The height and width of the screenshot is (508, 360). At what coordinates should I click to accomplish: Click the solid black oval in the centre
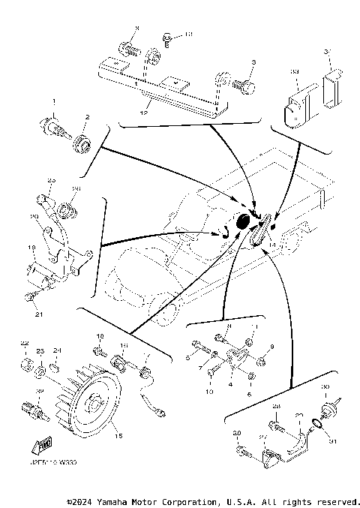[243, 221]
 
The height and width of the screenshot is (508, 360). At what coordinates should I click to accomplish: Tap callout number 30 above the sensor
[325, 388]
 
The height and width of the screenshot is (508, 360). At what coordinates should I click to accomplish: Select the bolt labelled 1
[56, 125]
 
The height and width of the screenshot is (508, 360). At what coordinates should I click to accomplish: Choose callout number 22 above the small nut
[24, 344]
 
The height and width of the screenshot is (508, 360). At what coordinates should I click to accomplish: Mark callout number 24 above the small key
[57, 351]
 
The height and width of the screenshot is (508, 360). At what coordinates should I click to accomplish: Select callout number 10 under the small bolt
[209, 392]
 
